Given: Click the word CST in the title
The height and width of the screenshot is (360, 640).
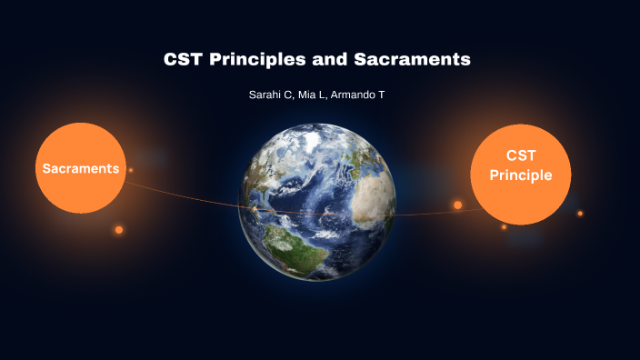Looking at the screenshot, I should (181, 60).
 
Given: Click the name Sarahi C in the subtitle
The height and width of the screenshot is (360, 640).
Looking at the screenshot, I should (270, 95).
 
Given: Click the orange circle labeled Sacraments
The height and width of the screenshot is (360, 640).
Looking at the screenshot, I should (80, 168).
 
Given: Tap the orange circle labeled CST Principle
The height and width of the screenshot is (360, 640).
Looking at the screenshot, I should (521, 175).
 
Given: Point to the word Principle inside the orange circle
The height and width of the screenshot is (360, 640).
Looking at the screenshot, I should (521, 175).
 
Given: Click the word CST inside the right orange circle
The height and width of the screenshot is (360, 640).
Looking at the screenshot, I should (521, 156).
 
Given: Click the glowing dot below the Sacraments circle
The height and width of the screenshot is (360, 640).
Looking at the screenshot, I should (118, 230).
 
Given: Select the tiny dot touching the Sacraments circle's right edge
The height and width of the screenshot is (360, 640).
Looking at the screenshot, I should (131, 170).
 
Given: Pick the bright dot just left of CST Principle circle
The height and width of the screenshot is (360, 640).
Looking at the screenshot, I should (458, 205).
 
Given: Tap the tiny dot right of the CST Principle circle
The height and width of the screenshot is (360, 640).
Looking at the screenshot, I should (580, 214).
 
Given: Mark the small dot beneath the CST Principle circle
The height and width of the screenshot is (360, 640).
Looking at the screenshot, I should (504, 227).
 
